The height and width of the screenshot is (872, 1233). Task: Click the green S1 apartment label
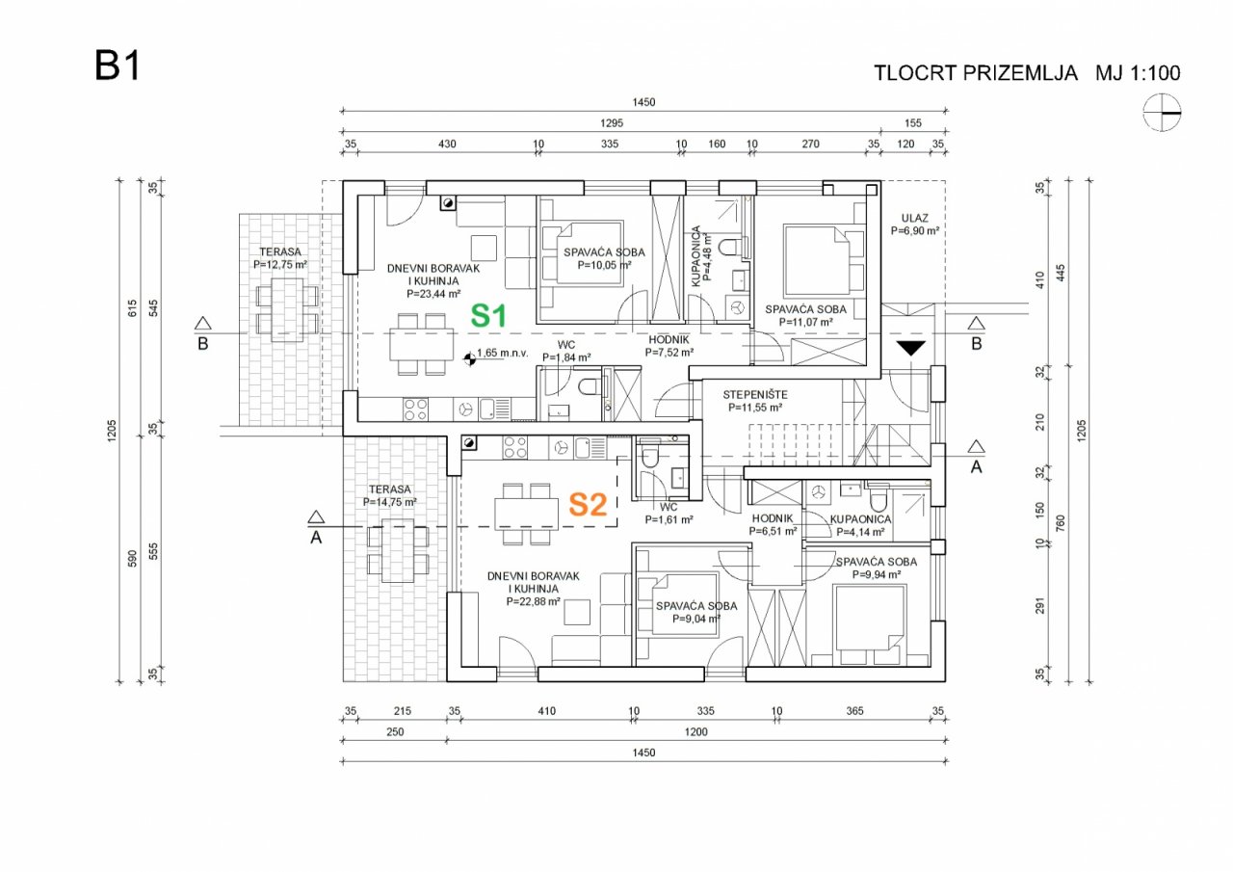point(488,314)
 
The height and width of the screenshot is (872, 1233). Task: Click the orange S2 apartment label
point(587,504)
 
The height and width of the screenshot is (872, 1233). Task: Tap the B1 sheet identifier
point(118,66)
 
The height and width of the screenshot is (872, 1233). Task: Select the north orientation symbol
point(1162,113)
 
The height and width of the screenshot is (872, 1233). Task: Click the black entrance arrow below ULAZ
point(910,348)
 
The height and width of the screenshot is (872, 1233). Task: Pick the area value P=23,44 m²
point(433,294)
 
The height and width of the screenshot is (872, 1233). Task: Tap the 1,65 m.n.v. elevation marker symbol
point(469,357)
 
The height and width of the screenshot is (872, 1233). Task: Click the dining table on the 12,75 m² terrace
point(286,307)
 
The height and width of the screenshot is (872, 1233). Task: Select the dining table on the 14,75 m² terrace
point(397,551)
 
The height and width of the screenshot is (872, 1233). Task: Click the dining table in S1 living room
point(423,343)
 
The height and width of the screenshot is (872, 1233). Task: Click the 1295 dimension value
point(611,123)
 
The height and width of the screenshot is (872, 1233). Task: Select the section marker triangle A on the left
point(314,515)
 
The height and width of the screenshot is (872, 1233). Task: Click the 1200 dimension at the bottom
point(695,732)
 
